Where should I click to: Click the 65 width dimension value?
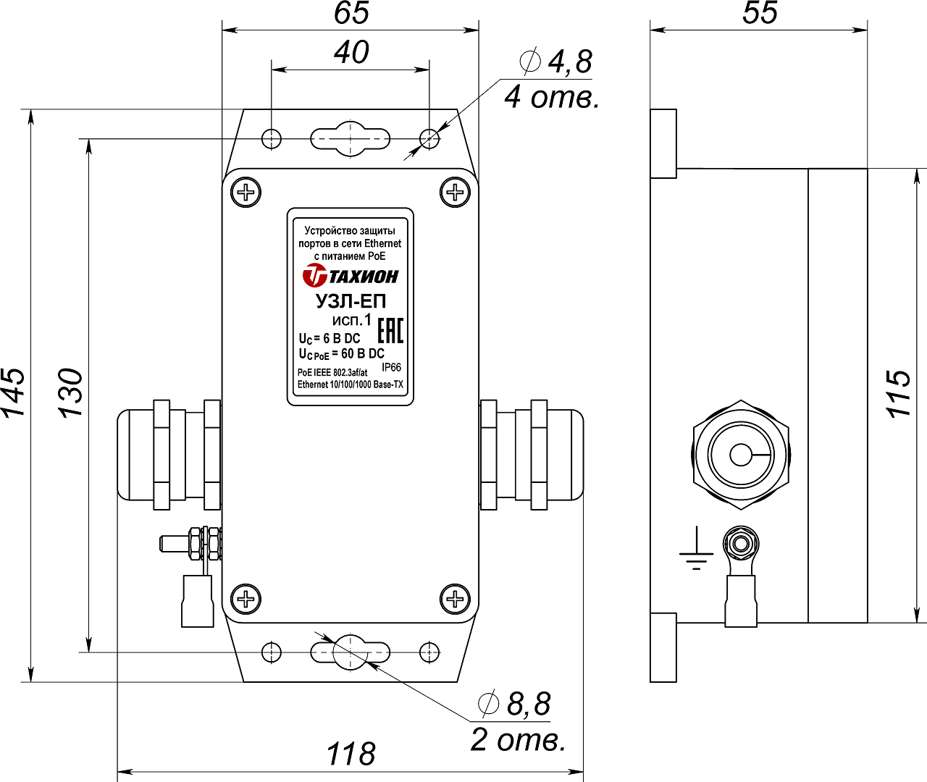(x=352, y=13)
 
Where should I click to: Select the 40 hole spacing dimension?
(x=352, y=53)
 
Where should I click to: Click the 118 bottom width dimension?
(x=351, y=754)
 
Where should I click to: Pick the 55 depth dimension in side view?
(x=760, y=13)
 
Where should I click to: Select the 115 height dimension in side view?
(x=899, y=393)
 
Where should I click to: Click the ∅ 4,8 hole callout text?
(x=556, y=62)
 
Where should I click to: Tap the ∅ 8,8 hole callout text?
(x=515, y=704)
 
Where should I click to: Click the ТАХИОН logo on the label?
(x=351, y=276)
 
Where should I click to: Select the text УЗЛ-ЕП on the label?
(x=351, y=300)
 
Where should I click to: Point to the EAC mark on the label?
(x=390, y=330)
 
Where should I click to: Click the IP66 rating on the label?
(x=391, y=368)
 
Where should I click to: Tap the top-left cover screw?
(x=246, y=193)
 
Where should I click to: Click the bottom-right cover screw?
(x=456, y=599)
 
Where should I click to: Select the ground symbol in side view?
(x=696, y=553)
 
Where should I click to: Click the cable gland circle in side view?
(x=741, y=455)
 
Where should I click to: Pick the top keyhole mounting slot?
(x=351, y=138)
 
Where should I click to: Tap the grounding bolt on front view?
(x=192, y=543)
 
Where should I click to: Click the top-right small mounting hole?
(x=429, y=138)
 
